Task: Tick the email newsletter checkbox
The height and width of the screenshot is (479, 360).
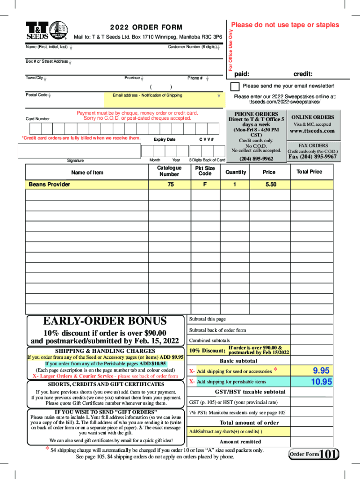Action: point(236,87)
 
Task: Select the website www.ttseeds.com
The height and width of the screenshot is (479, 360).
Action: point(312,131)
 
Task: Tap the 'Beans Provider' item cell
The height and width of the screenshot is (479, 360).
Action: point(50,185)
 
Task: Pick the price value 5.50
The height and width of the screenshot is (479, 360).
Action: point(271,185)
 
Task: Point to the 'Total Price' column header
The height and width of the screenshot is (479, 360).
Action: point(309,172)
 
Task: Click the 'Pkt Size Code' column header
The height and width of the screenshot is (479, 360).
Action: point(205,171)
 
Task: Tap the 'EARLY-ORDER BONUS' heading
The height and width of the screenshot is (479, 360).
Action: point(105,321)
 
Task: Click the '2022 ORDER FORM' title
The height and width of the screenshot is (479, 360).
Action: point(146,28)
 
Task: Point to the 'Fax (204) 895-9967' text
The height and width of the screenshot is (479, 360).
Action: point(313,157)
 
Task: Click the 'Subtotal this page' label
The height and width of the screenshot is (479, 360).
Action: point(207,319)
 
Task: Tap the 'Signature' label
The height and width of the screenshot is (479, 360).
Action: point(75,160)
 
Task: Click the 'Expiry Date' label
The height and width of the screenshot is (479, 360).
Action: point(165,140)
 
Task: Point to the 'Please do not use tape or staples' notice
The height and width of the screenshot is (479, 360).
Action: point(286,25)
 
